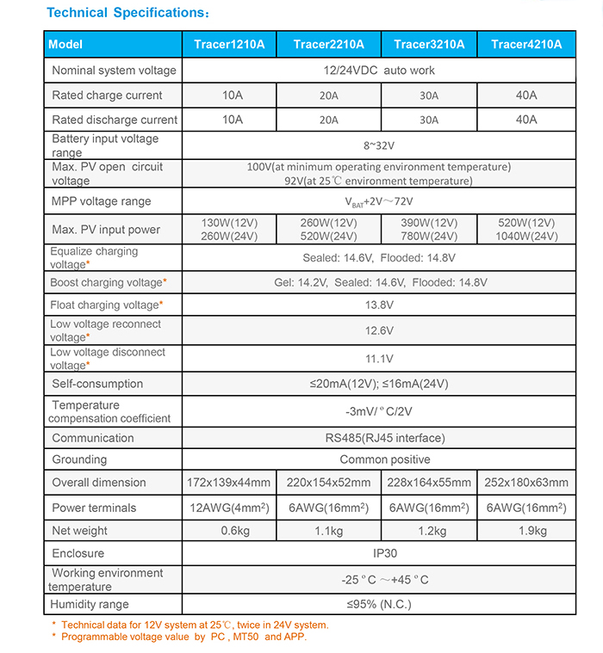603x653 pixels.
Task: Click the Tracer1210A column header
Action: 230,45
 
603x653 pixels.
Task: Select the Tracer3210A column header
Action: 428,45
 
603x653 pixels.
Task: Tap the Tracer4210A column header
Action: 525,45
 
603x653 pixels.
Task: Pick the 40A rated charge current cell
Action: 525,95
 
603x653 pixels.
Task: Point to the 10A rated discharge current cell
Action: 232,120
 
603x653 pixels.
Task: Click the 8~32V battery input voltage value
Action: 379,145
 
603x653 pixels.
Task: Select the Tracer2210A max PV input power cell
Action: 330,230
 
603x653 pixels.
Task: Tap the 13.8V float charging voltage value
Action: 379,305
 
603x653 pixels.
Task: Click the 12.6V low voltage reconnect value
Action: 379,330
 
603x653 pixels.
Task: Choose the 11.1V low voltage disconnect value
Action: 379,358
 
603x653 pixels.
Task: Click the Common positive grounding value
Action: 379,459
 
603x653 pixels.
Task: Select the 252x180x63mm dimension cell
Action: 525,483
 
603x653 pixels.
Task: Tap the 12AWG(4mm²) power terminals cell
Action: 230,508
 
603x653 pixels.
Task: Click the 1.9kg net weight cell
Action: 525,531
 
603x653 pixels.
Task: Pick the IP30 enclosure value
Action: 379,553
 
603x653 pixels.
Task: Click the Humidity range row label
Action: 90,605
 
